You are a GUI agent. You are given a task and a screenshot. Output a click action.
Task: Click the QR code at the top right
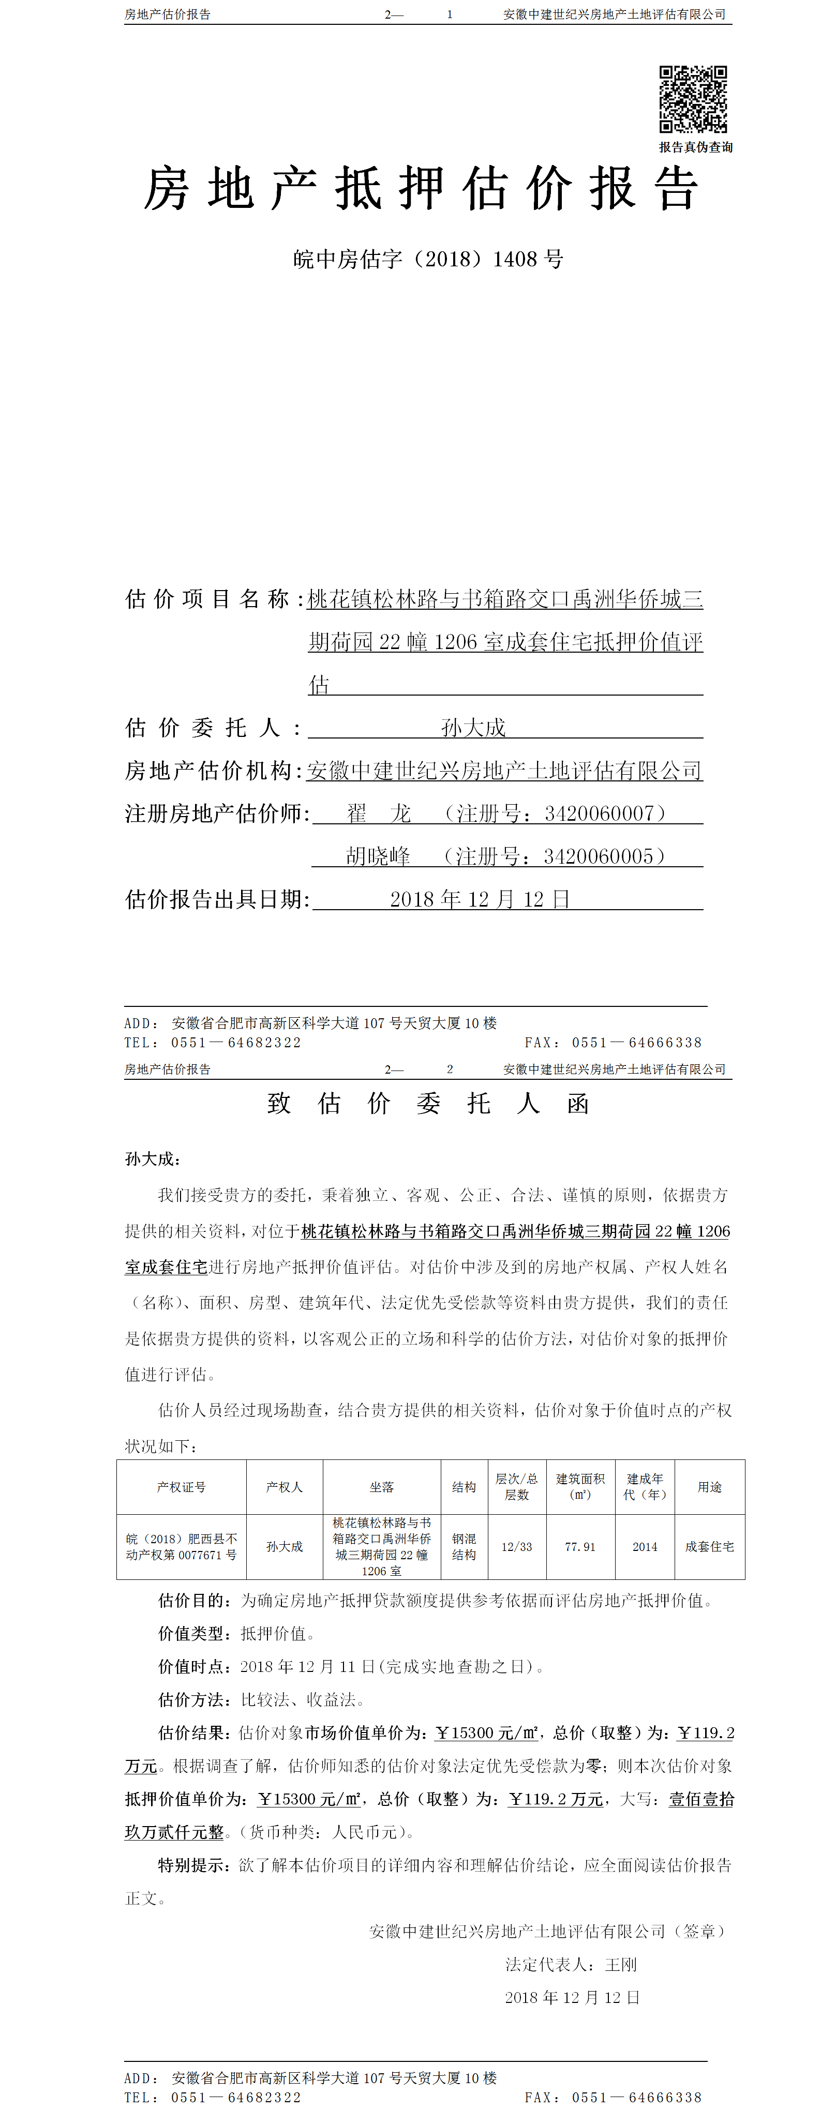pyautogui.click(x=693, y=99)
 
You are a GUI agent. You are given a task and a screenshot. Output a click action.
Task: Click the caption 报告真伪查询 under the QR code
pyautogui.click(x=696, y=147)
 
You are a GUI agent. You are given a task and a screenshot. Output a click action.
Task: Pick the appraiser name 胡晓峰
pyautogui.click(x=378, y=857)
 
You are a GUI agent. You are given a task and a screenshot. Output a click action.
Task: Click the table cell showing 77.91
pyautogui.click(x=580, y=1546)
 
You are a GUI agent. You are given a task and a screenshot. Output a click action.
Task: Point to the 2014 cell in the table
pyautogui.click(x=645, y=1546)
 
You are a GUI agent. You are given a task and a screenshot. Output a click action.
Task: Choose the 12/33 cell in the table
pyautogui.click(x=517, y=1546)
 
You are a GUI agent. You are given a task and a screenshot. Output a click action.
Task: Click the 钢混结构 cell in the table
pyautogui.click(x=464, y=1546)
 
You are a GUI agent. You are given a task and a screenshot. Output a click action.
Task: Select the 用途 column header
pyautogui.click(x=710, y=1487)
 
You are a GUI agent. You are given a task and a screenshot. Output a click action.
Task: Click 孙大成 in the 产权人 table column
pyautogui.click(x=285, y=1546)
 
